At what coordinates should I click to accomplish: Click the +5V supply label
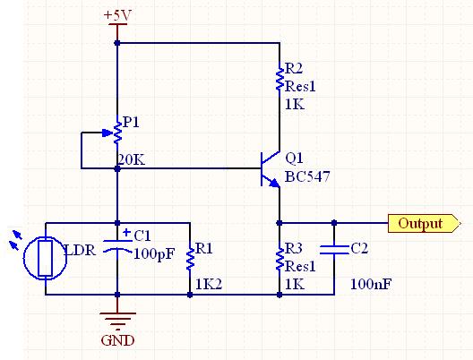[117, 16]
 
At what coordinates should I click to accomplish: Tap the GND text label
[117, 340]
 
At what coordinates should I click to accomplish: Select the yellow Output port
[424, 223]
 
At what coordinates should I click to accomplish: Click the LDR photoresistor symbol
[46, 258]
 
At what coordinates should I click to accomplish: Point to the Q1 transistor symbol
[271, 169]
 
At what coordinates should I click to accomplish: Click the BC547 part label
[307, 176]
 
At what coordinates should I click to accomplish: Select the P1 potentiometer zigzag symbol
[117, 133]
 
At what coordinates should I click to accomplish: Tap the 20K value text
[131, 160]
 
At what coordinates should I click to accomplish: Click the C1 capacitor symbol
[117, 245]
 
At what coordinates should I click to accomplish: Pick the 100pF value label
[154, 254]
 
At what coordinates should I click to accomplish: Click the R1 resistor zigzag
[190, 260]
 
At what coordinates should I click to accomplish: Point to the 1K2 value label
[209, 284]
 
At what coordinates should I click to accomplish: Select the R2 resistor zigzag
[279, 79]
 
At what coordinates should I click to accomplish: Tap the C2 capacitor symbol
[334, 250]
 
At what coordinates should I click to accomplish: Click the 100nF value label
[371, 284]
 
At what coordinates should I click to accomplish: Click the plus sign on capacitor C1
[127, 232]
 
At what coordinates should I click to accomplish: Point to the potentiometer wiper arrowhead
[107, 133]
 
